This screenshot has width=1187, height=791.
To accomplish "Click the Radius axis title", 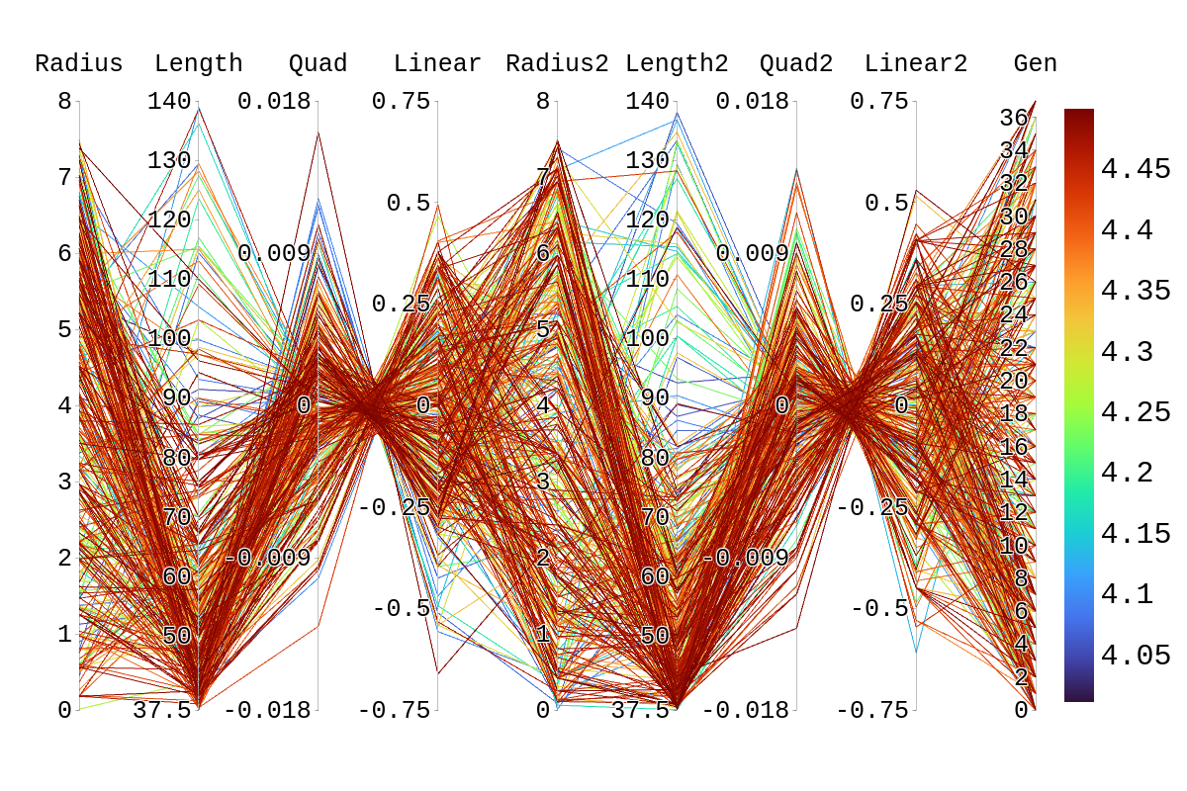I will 79,64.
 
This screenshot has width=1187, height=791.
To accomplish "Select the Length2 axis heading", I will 677,64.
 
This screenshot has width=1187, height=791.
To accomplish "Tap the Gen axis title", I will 1035,64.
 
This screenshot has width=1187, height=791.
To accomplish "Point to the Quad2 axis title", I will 796,64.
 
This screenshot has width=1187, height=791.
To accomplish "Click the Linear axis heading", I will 437,64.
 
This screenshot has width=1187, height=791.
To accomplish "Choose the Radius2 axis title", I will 557,64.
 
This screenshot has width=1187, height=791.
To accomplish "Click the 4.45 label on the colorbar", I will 1136,169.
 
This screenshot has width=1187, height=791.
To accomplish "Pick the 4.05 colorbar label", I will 1136,656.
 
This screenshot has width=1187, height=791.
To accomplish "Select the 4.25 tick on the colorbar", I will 1136,412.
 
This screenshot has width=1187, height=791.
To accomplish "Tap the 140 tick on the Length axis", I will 169,101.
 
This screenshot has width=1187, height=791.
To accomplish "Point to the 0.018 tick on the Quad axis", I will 274,101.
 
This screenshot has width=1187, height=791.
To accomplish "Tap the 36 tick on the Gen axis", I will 1014,119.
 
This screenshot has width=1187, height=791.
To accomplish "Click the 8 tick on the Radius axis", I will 64,101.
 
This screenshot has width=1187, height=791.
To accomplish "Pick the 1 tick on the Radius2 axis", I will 543,634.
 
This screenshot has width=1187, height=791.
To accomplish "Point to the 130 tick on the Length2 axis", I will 648,160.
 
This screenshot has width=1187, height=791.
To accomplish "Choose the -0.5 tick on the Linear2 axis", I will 879,608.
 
